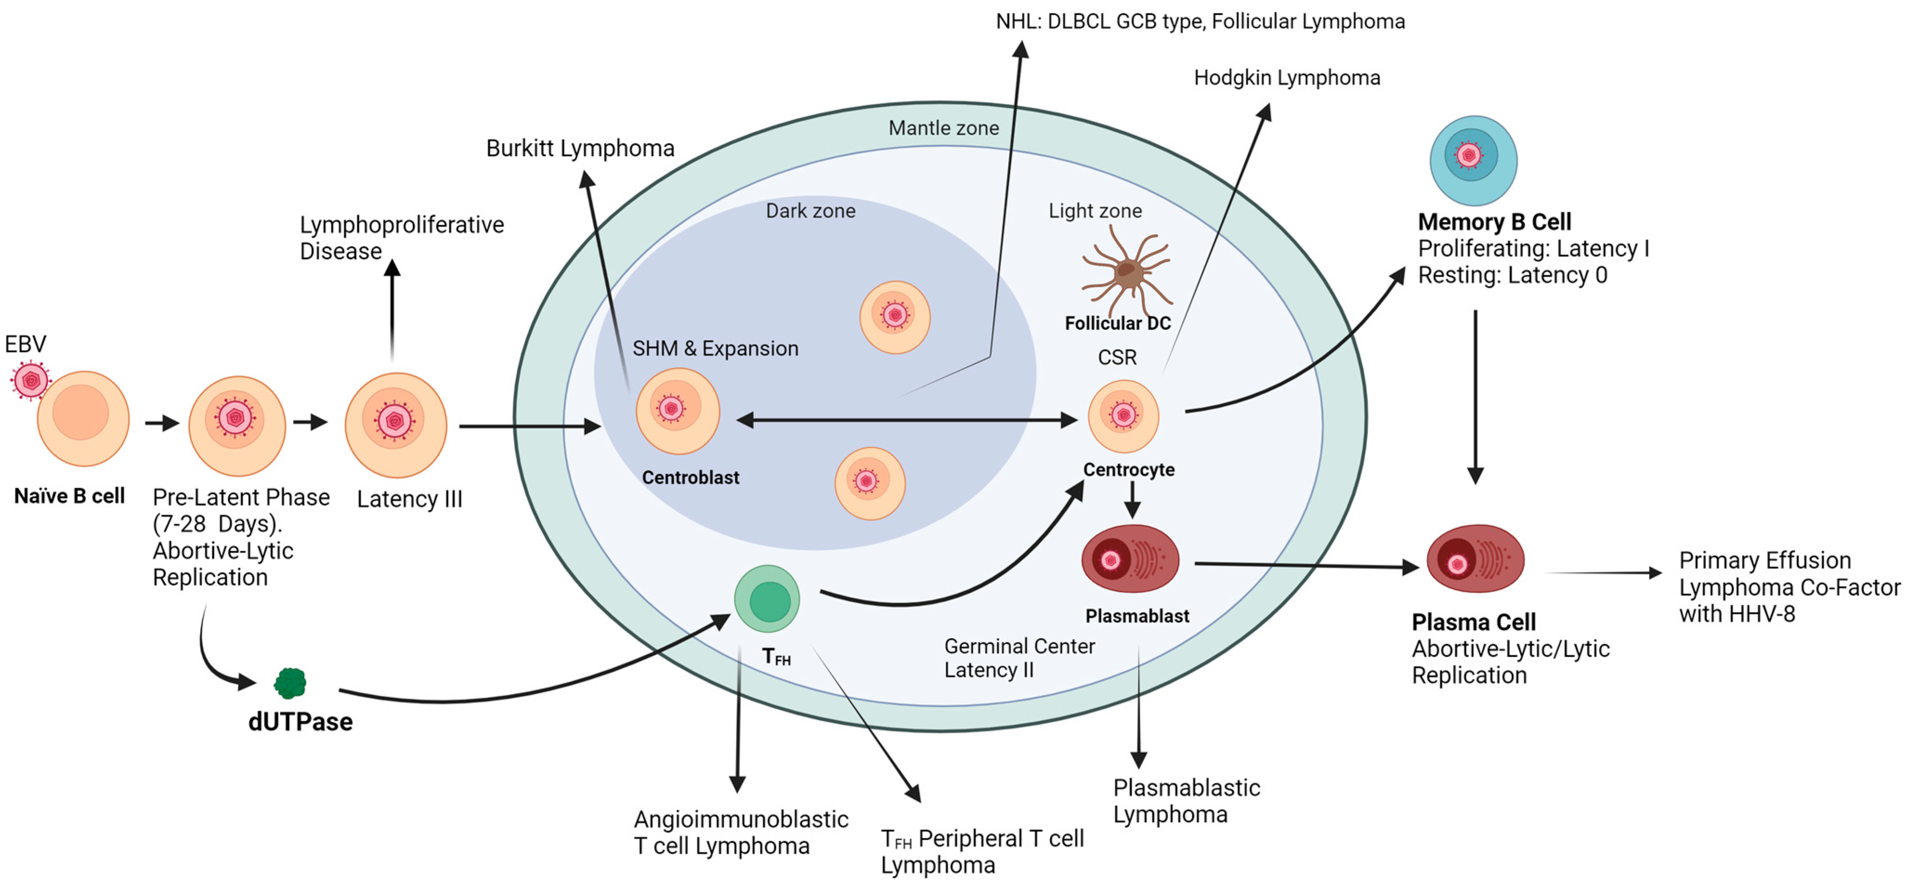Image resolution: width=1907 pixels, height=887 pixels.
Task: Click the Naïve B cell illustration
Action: click(x=83, y=419)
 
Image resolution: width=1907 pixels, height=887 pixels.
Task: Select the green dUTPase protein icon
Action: click(x=290, y=683)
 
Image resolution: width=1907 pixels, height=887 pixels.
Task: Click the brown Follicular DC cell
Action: click(x=1126, y=272)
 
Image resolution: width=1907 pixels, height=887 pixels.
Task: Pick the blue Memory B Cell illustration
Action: click(x=1473, y=160)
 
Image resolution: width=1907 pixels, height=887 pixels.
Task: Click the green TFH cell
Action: click(x=767, y=598)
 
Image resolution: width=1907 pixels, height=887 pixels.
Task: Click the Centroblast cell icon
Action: click(x=677, y=411)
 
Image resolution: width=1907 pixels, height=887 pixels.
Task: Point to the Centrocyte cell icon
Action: click(x=1123, y=416)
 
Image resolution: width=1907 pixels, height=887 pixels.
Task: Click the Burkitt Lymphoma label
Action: click(x=580, y=148)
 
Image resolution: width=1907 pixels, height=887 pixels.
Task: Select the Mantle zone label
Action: click(x=944, y=128)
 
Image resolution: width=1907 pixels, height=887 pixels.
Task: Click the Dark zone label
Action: click(x=811, y=211)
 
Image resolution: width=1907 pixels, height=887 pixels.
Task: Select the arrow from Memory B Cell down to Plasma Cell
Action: click(x=1476, y=397)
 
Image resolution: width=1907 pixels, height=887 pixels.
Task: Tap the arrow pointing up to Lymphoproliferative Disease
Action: click(x=392, y=309)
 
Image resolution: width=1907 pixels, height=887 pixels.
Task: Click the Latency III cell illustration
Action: click(x=396, y=425)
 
